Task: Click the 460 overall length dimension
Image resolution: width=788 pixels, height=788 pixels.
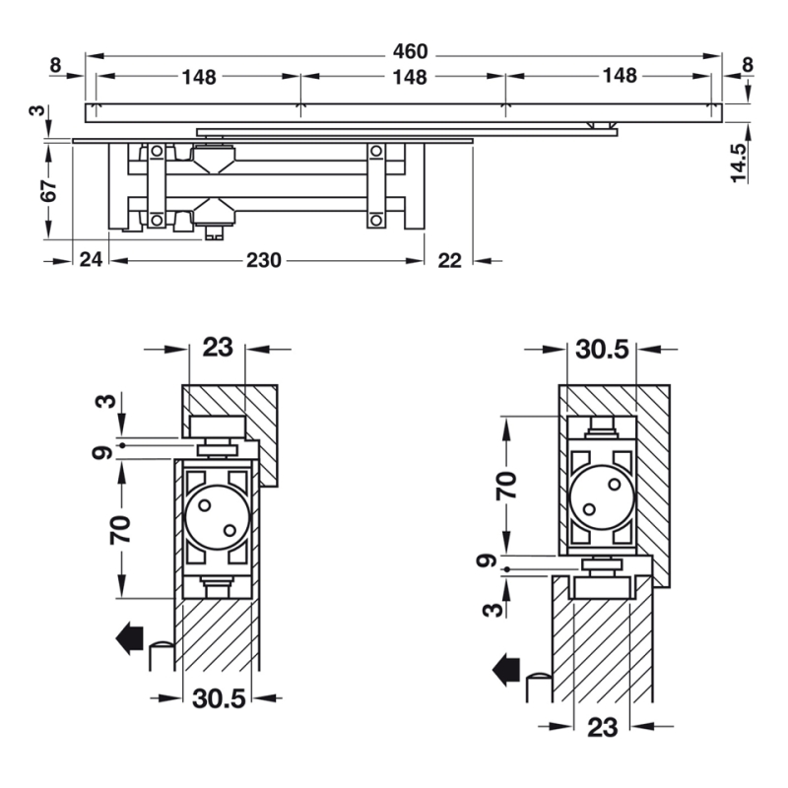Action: point(410,52)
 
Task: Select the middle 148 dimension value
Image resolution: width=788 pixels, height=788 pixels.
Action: point(410,78)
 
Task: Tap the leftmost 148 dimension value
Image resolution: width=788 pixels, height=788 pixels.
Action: point(199,78)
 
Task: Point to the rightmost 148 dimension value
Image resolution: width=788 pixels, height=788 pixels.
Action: point(621,76)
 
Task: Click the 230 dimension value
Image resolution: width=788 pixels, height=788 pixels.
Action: point(263,260)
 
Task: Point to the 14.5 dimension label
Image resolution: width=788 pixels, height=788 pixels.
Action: point(740,163)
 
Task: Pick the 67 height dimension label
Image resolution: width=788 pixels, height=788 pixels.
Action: point(48,190)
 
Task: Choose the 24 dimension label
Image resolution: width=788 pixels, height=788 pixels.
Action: point(91,260)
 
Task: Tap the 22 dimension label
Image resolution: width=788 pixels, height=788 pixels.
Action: point(449,260)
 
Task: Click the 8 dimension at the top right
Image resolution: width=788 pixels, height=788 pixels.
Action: point(748,65)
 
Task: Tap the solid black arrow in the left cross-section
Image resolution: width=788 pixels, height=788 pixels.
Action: point(130,638)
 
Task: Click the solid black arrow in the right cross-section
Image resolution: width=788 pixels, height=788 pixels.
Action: point(506,670)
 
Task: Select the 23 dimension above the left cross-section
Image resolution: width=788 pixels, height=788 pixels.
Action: point(218,348)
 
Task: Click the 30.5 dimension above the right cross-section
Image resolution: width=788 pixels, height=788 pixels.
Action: point(602,350)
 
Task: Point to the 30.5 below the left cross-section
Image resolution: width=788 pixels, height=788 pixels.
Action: point(219,698)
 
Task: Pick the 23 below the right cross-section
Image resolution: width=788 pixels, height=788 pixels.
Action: point(602,727)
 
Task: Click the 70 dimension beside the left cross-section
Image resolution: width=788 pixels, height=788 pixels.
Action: point(120,530)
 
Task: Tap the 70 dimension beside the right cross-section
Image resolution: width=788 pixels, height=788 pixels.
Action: point(506,486)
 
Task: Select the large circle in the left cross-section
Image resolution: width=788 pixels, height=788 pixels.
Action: point(217,518)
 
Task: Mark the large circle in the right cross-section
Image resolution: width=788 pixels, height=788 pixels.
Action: point(602,497)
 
